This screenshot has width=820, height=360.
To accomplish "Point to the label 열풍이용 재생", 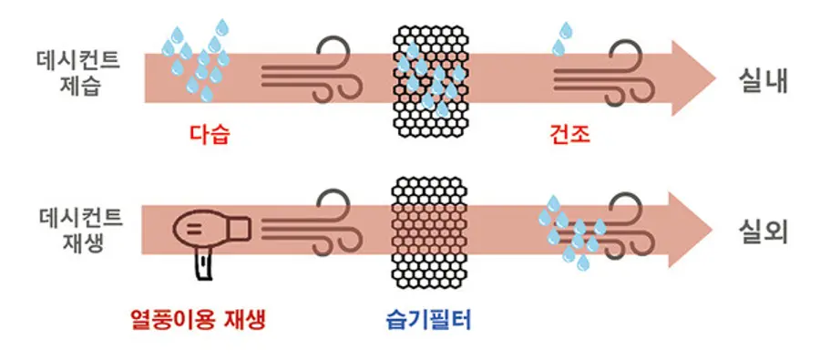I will click(x=200, y=321).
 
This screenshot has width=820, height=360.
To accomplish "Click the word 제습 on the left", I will click(x=89, y=87).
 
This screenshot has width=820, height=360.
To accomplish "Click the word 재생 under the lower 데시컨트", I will click(x=89, y=243).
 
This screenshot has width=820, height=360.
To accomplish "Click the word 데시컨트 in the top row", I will click(x=89, y=61).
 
